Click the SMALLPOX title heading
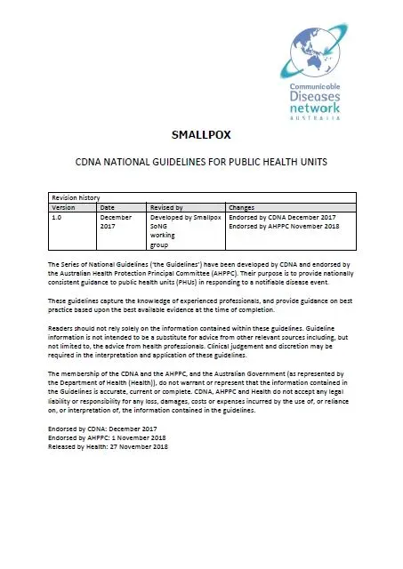tap(201, 135)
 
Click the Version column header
tap(63, 206)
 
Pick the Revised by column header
tap(166, 206)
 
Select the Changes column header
tap(242, 206)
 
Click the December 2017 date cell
tap(115, 220)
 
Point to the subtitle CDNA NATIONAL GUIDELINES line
tap(201, 164)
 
